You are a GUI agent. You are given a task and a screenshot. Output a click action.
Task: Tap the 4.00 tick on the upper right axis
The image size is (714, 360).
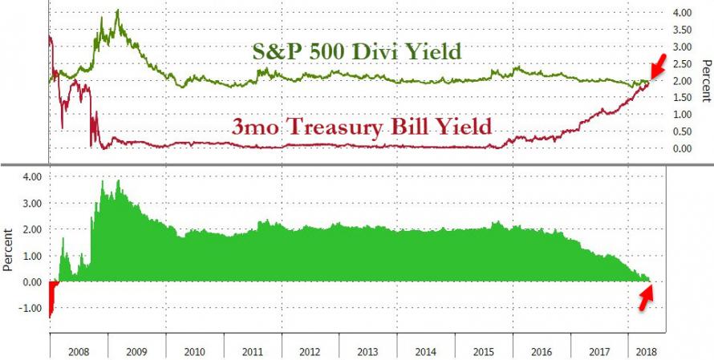[x=681, y=14]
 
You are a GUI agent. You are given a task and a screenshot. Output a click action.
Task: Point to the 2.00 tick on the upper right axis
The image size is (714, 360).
[x=681, y=81]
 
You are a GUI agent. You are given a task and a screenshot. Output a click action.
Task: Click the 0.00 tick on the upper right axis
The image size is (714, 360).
[x=681, y=148]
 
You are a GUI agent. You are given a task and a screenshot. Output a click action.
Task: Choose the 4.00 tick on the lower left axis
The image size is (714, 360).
[x=30, y=176]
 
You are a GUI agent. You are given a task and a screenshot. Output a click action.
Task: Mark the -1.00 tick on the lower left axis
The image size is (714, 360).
[x=28, y=308]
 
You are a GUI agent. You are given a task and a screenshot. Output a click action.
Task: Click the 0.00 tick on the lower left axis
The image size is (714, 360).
[x=30, y=281]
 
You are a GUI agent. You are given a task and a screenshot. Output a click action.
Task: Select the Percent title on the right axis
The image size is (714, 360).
[x=704, y=80]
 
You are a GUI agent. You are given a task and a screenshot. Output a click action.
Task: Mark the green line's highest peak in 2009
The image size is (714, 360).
[x=118, y=11]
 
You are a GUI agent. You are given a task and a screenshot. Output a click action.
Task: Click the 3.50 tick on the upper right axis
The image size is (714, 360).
[x=681, y=30]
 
